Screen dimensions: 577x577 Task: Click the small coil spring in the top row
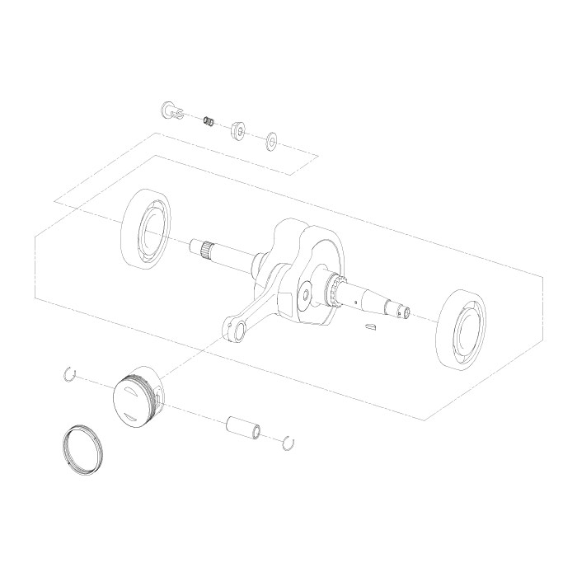tap(210, 121)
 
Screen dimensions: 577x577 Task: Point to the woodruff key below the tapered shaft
tap(369, 328)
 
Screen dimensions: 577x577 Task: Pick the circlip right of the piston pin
tap(288, 443)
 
